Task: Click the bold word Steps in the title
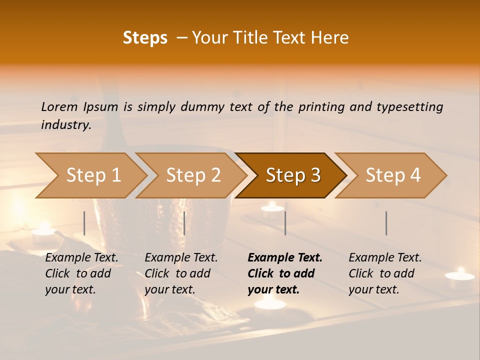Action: [x=145, y=38]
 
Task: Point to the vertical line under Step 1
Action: [x=84, y=223]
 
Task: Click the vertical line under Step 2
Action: [x=184, y=223]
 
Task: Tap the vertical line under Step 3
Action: [x=285, y=223]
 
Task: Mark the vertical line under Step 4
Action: [x=386, y=223]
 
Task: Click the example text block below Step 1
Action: [x=81, y=273]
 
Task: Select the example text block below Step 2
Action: [x=181, y=273]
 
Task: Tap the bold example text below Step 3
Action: [x=285, y=273]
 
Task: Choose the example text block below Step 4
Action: [x=385, y=273]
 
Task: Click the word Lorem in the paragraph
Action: [x=59, y=107]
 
